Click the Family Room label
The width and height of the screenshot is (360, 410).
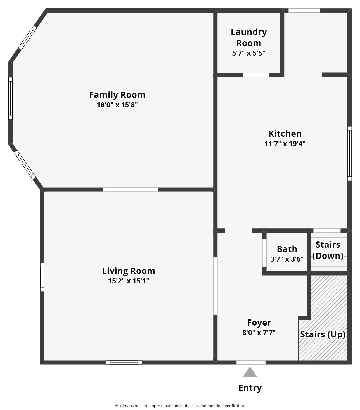coord(117,95)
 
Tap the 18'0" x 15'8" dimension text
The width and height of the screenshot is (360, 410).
coord(117,105)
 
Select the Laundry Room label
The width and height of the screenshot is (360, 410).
coord(249,38)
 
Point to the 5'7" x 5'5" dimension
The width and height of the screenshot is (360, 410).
coord(248,53)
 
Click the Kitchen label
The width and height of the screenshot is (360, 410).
coord(285,134)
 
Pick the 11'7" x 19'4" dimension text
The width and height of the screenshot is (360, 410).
coord(285,144)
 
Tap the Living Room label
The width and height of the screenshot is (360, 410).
coord(129,271)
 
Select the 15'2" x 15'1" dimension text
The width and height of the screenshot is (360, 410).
coord(129,281)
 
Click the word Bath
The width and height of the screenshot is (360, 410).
coord(287,249)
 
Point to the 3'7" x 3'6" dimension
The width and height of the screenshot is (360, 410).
coord(287,259)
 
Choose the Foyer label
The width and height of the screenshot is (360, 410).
coord(259,323)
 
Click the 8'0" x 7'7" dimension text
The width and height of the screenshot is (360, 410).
coord(259,333)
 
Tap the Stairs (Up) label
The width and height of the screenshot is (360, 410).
coord(323,334)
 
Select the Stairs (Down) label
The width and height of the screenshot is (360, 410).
coord(328,250)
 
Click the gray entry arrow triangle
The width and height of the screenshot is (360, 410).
coord(250,372)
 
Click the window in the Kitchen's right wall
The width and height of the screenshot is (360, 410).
coord(349,153)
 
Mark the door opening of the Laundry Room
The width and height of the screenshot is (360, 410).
coord(256,75)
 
